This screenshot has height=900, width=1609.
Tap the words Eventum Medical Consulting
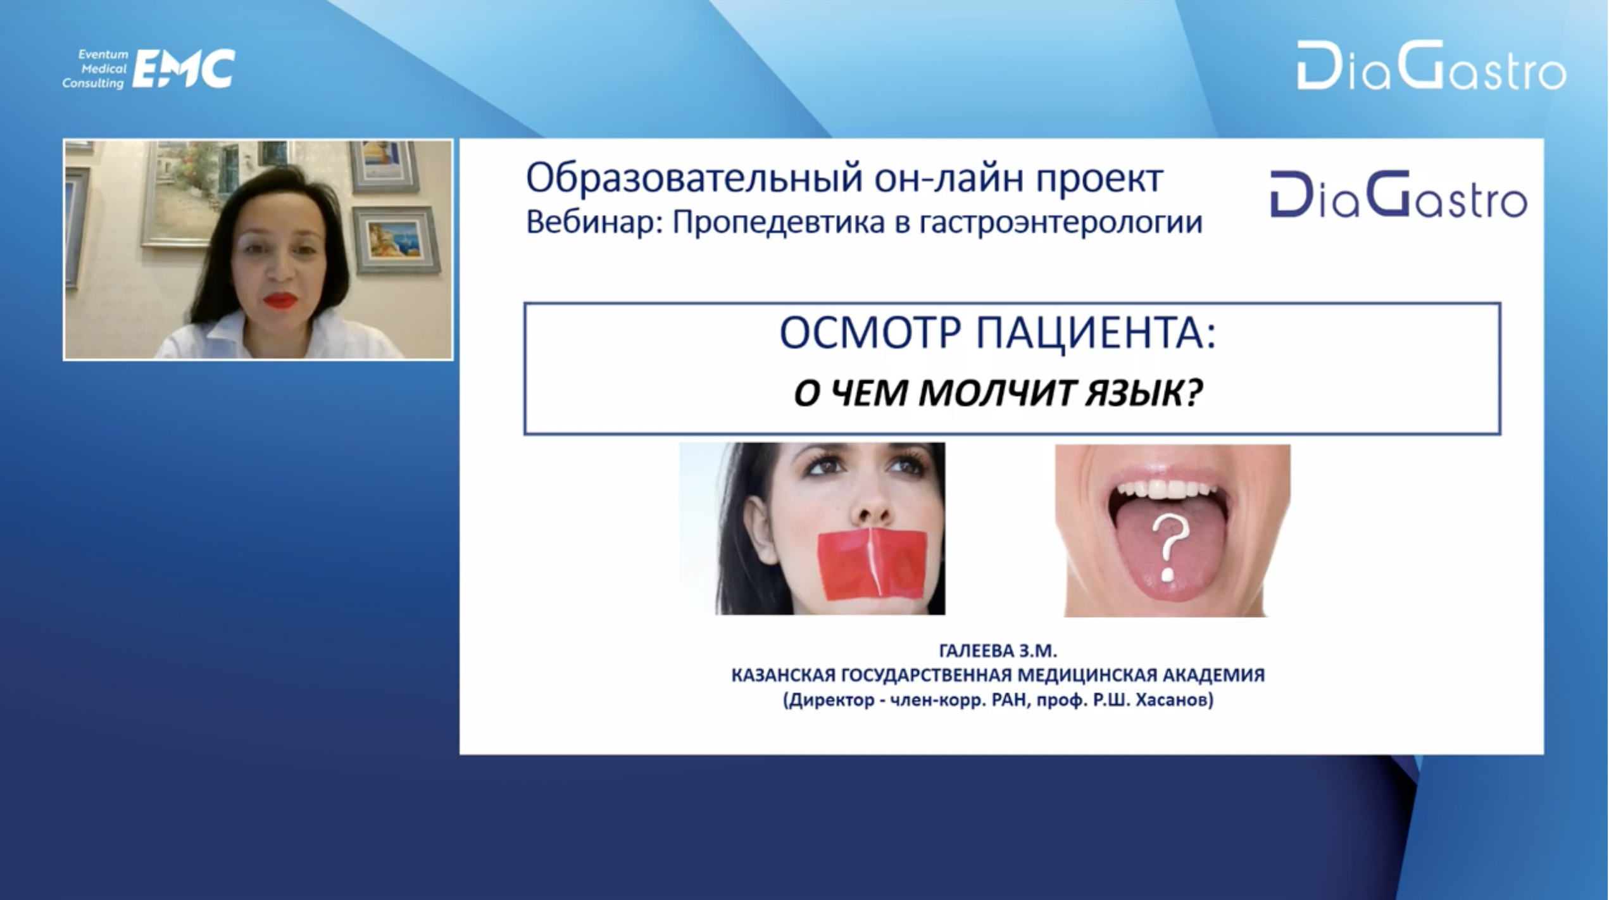pos(95,69)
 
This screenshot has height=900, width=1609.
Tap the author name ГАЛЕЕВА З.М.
pos(998,651)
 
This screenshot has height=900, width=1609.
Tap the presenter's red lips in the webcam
pos(280,300)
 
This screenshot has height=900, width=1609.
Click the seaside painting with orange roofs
pos(395,241)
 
